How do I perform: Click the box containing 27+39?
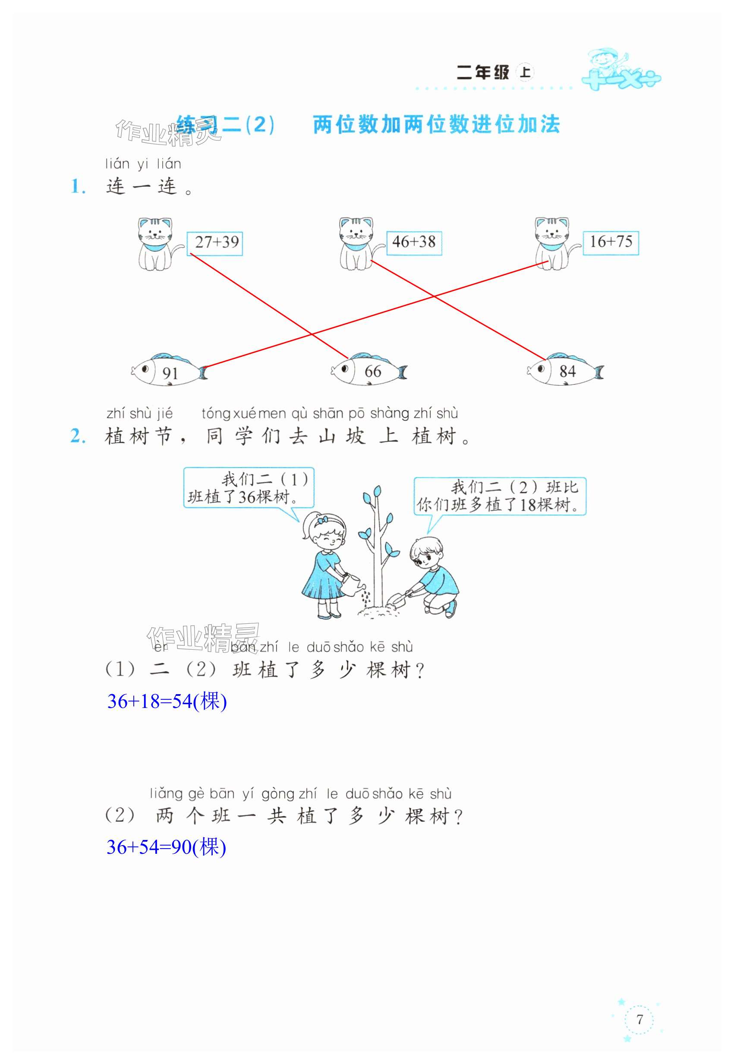tap(215, 243)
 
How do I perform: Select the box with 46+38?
tap(414, 242)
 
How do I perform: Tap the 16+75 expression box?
tap(611, 242)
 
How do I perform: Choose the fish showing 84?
tap(565, 371)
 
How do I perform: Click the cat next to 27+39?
tap(155, 244)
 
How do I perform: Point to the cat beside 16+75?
tap(552, 244)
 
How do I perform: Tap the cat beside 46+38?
tap(356, 244)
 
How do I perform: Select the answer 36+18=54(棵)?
tap(167, 701)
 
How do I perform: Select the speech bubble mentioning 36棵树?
tap(249, 488)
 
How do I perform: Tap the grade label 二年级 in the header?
tap(483, 72)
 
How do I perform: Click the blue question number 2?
tap(78, 436)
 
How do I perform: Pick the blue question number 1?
tap(78, 187)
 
